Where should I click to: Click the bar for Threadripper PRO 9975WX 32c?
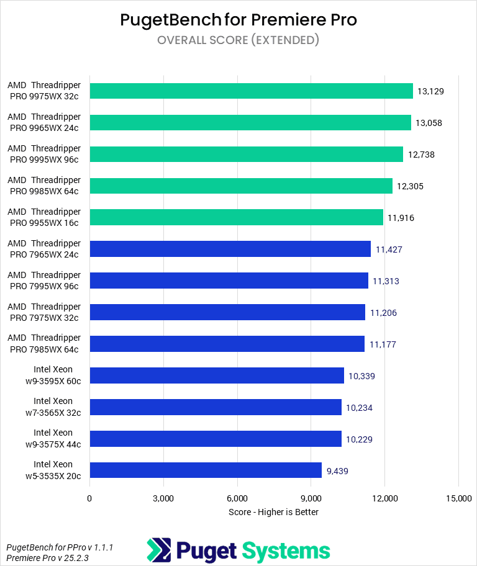pyautogui.click(x=251, y=91)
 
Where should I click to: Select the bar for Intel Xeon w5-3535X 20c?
pyautogui.click(x=206, y=470)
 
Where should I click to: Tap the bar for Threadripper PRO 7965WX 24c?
pyautogui.click(x=230, y=249)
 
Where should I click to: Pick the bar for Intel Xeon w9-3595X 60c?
pyautogui.click(x=217, y=375)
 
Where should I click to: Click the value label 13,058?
pyautogui.click(x=429, y=123)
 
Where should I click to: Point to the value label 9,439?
pyautogui.click(x=337, y=470)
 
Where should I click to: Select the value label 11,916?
pyautogui.click(x=401, y=218)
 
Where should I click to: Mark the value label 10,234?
pyautogui.click(x=359, y=408)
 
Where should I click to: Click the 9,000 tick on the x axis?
pyautogui.click(x=311, y=498)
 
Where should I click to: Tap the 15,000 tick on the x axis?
pyautogui.click(x=458, y=498)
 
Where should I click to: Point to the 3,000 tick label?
pyautogui.click(x=163, y=498)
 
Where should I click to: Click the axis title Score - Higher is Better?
pyautogui.click(x=273, y=512)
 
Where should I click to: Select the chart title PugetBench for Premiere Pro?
pyautogui.click(x=238, y=20)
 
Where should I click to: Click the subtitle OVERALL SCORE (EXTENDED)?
pyautogui.click(x=238, y=40)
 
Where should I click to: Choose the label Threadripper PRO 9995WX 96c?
pyautogui.click(x=44, y=154)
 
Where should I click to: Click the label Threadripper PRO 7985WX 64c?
pyautogui.click(x=44, y=343)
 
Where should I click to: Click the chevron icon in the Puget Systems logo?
pyautogui.click(x=158, y=550)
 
